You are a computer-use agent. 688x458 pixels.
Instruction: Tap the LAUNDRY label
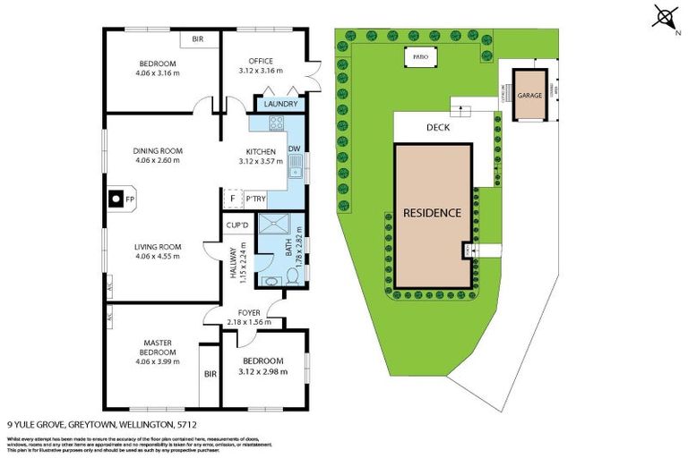(280, 105)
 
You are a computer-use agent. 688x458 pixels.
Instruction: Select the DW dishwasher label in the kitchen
(294, 148)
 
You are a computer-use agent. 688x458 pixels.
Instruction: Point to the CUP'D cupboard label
(236, 225)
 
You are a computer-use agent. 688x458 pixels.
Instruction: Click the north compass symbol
(664, 18)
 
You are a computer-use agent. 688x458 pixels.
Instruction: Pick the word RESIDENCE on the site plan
(432, 213)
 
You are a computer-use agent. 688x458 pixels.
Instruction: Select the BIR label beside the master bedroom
(211, 373)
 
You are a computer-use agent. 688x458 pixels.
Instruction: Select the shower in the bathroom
(272, 229)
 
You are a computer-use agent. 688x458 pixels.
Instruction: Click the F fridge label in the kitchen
(232, 199)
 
